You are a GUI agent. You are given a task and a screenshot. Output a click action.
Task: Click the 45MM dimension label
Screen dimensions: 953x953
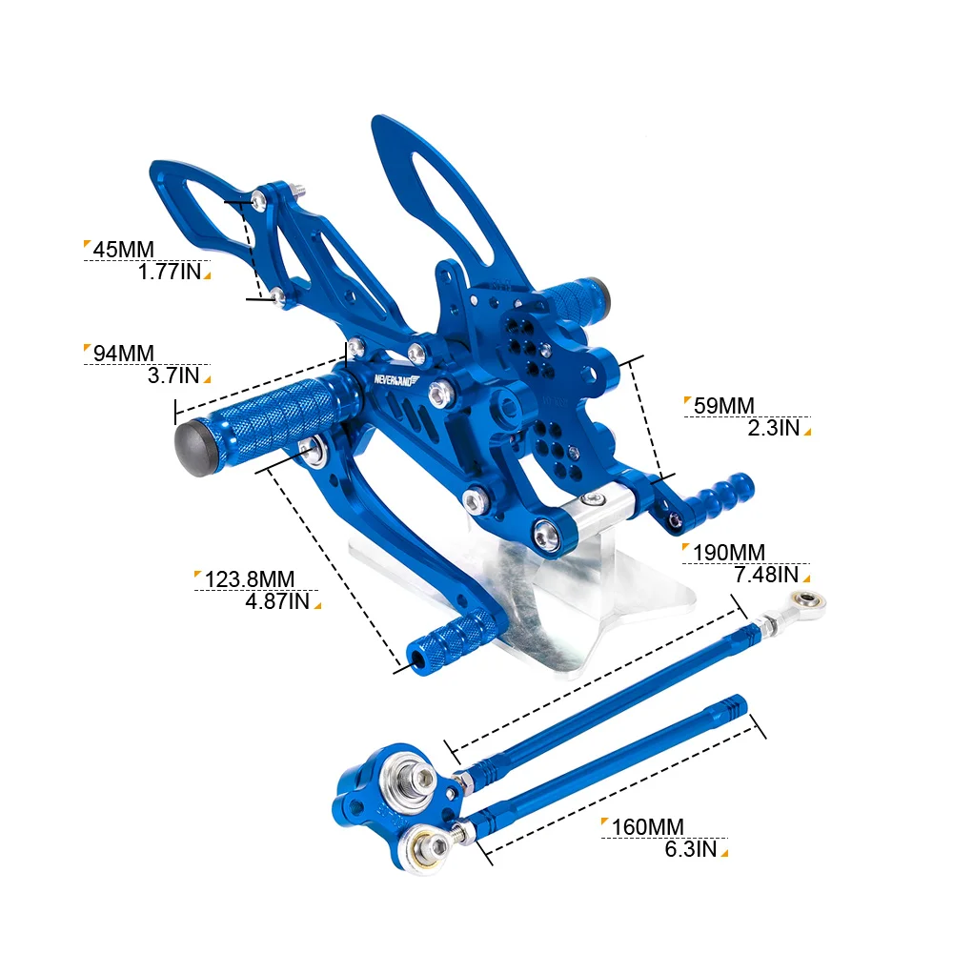[123, 249]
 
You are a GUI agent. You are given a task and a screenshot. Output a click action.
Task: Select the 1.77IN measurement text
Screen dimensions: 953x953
[170, 272]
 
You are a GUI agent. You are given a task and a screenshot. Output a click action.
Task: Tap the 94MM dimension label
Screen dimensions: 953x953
[123, 354]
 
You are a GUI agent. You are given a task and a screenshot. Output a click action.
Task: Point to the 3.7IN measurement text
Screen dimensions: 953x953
[173, 375]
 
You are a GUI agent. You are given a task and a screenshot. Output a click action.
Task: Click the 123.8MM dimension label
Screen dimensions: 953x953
[249, 579]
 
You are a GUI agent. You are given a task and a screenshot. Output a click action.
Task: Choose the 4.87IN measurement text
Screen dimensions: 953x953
[277, 601]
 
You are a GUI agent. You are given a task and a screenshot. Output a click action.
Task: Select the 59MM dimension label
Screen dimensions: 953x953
[724, 406]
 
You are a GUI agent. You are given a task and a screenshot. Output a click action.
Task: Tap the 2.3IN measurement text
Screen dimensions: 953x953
[773, 428]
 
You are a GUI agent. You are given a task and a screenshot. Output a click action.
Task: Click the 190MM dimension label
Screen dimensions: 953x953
[729, 553]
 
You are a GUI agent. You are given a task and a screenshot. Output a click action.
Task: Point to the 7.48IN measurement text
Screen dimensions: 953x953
[766, 575]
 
